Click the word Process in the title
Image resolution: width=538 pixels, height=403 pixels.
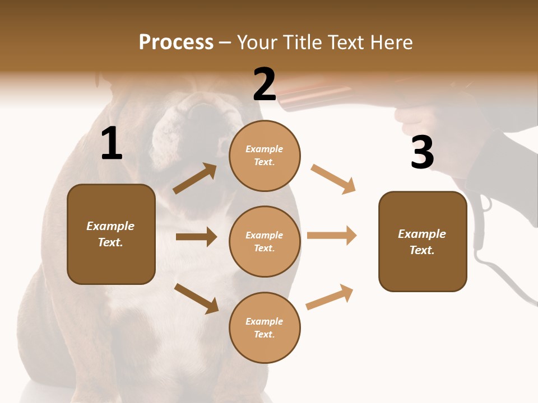176,43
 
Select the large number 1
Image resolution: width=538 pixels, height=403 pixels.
112,144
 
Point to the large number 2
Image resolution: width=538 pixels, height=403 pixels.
265,85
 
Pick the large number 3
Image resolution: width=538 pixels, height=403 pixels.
422,153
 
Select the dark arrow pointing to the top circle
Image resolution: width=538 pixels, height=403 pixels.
195,179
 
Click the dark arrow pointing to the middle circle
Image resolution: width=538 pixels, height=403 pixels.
196,237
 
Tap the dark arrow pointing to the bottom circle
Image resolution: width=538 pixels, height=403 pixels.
196,298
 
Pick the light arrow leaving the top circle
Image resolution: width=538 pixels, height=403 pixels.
333,179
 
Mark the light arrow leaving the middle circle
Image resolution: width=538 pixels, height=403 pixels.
332,236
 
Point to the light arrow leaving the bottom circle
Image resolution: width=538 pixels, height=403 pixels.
330,297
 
